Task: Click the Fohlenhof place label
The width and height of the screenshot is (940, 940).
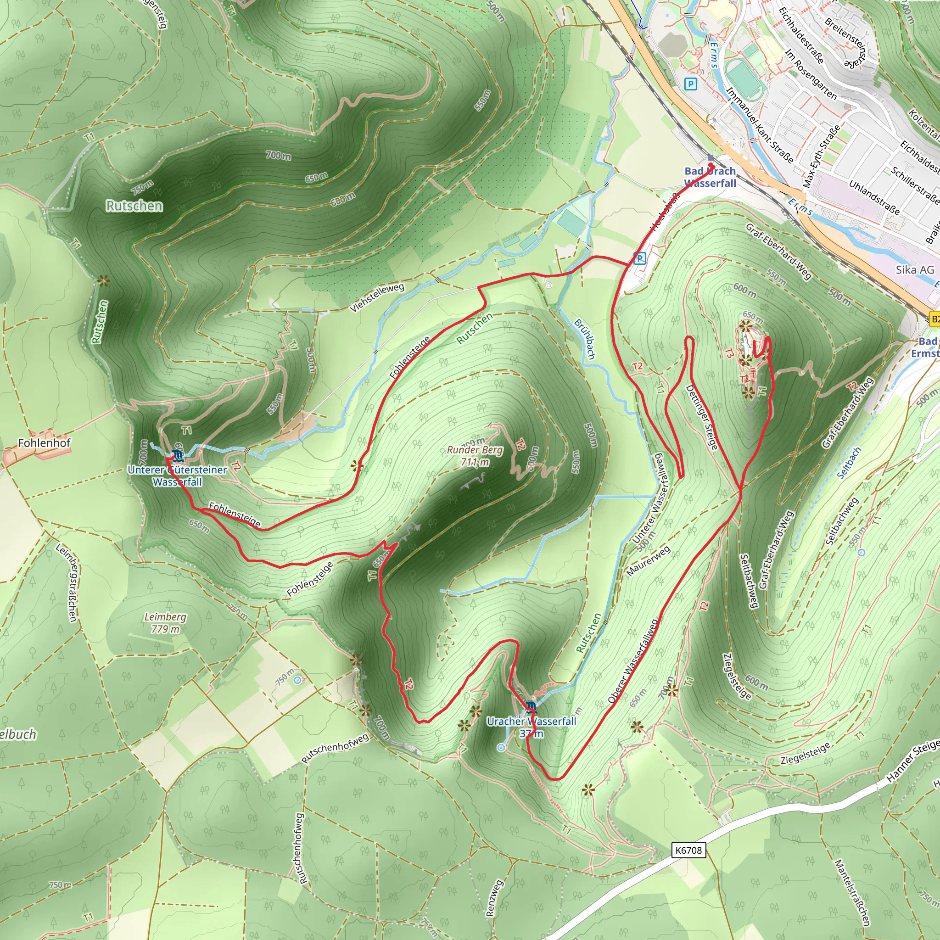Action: [44, 443]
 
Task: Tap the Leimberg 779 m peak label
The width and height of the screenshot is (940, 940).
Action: [165, 623]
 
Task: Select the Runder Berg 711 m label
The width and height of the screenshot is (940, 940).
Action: [475, 456]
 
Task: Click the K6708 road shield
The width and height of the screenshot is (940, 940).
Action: [688, 850]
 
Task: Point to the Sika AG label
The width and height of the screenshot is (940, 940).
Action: [915, 270]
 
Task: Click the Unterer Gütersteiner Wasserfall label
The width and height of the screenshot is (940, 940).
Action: [177, 476]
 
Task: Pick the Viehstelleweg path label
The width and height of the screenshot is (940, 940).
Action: [377, 297]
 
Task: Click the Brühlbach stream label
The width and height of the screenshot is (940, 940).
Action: [584, 339]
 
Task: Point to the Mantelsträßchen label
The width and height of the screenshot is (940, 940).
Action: [852, 892]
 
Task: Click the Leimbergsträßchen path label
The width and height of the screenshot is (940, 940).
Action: [67, 582]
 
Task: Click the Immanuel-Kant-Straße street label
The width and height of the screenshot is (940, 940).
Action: [759, 125]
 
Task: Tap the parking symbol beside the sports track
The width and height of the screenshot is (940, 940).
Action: [690, 84]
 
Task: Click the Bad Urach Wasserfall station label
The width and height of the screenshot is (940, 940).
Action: [710, 177]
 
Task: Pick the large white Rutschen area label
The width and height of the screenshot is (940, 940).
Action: [134, 206]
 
